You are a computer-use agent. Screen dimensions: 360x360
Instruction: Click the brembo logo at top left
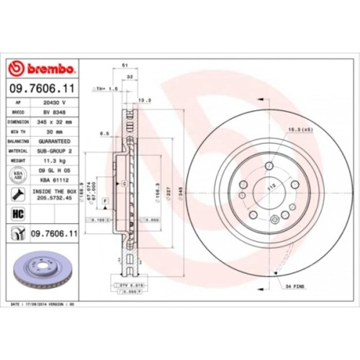pos(42,68)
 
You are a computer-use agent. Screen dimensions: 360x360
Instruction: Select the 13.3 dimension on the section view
pos(143,100)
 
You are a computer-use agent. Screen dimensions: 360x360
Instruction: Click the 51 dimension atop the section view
pos(126,64)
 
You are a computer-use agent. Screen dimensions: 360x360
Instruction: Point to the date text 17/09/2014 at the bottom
pos(43,305)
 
